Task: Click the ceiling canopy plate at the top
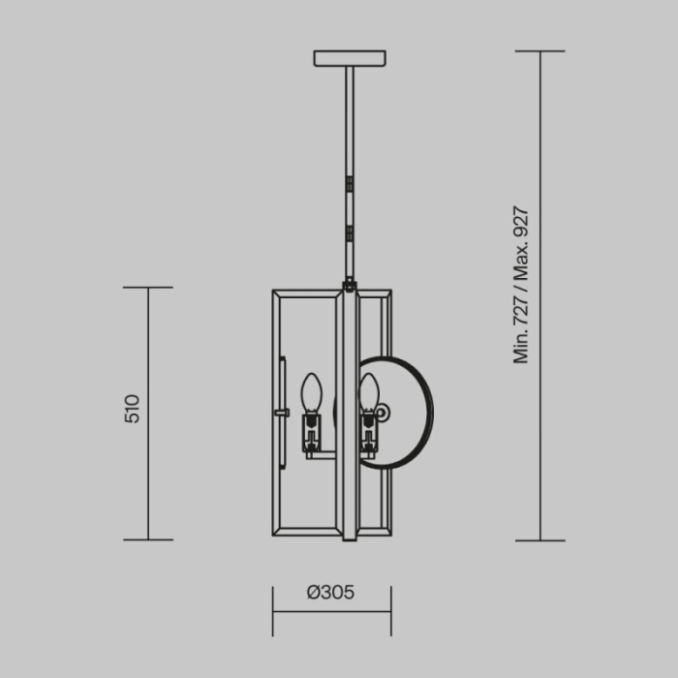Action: pyautogui.click(x=350, y=58)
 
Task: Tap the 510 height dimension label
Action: pyautogui.click(x=133, y=408)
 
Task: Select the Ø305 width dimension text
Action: pyautogui.click(x=330, y=593)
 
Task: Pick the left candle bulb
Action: pyautogui.click(x=310, y=393)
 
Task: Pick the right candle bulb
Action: pyautogui.click(x=369, y=393)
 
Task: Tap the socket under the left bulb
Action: pyautogui.click(x=311, y=433)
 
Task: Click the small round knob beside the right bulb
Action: pyautogui.click(x=384, y=413)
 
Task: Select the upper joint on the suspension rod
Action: pyautogui.click(x=350, y=179)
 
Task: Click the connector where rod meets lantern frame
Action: pyautogui.click(x=350, y=286)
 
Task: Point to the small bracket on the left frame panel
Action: pyautogui.click(x=282, y=413)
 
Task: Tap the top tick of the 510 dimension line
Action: pyautogui.click(x=148, y=288)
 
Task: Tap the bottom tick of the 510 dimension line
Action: pyautogui.click(x=148, y=539)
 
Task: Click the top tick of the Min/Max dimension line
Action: pyautogui.click(x=539, y=51)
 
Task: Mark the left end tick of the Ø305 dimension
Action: pyautogui.click(x=273, y=611)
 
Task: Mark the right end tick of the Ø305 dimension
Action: pyautogui.click(x=391, y=611)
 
